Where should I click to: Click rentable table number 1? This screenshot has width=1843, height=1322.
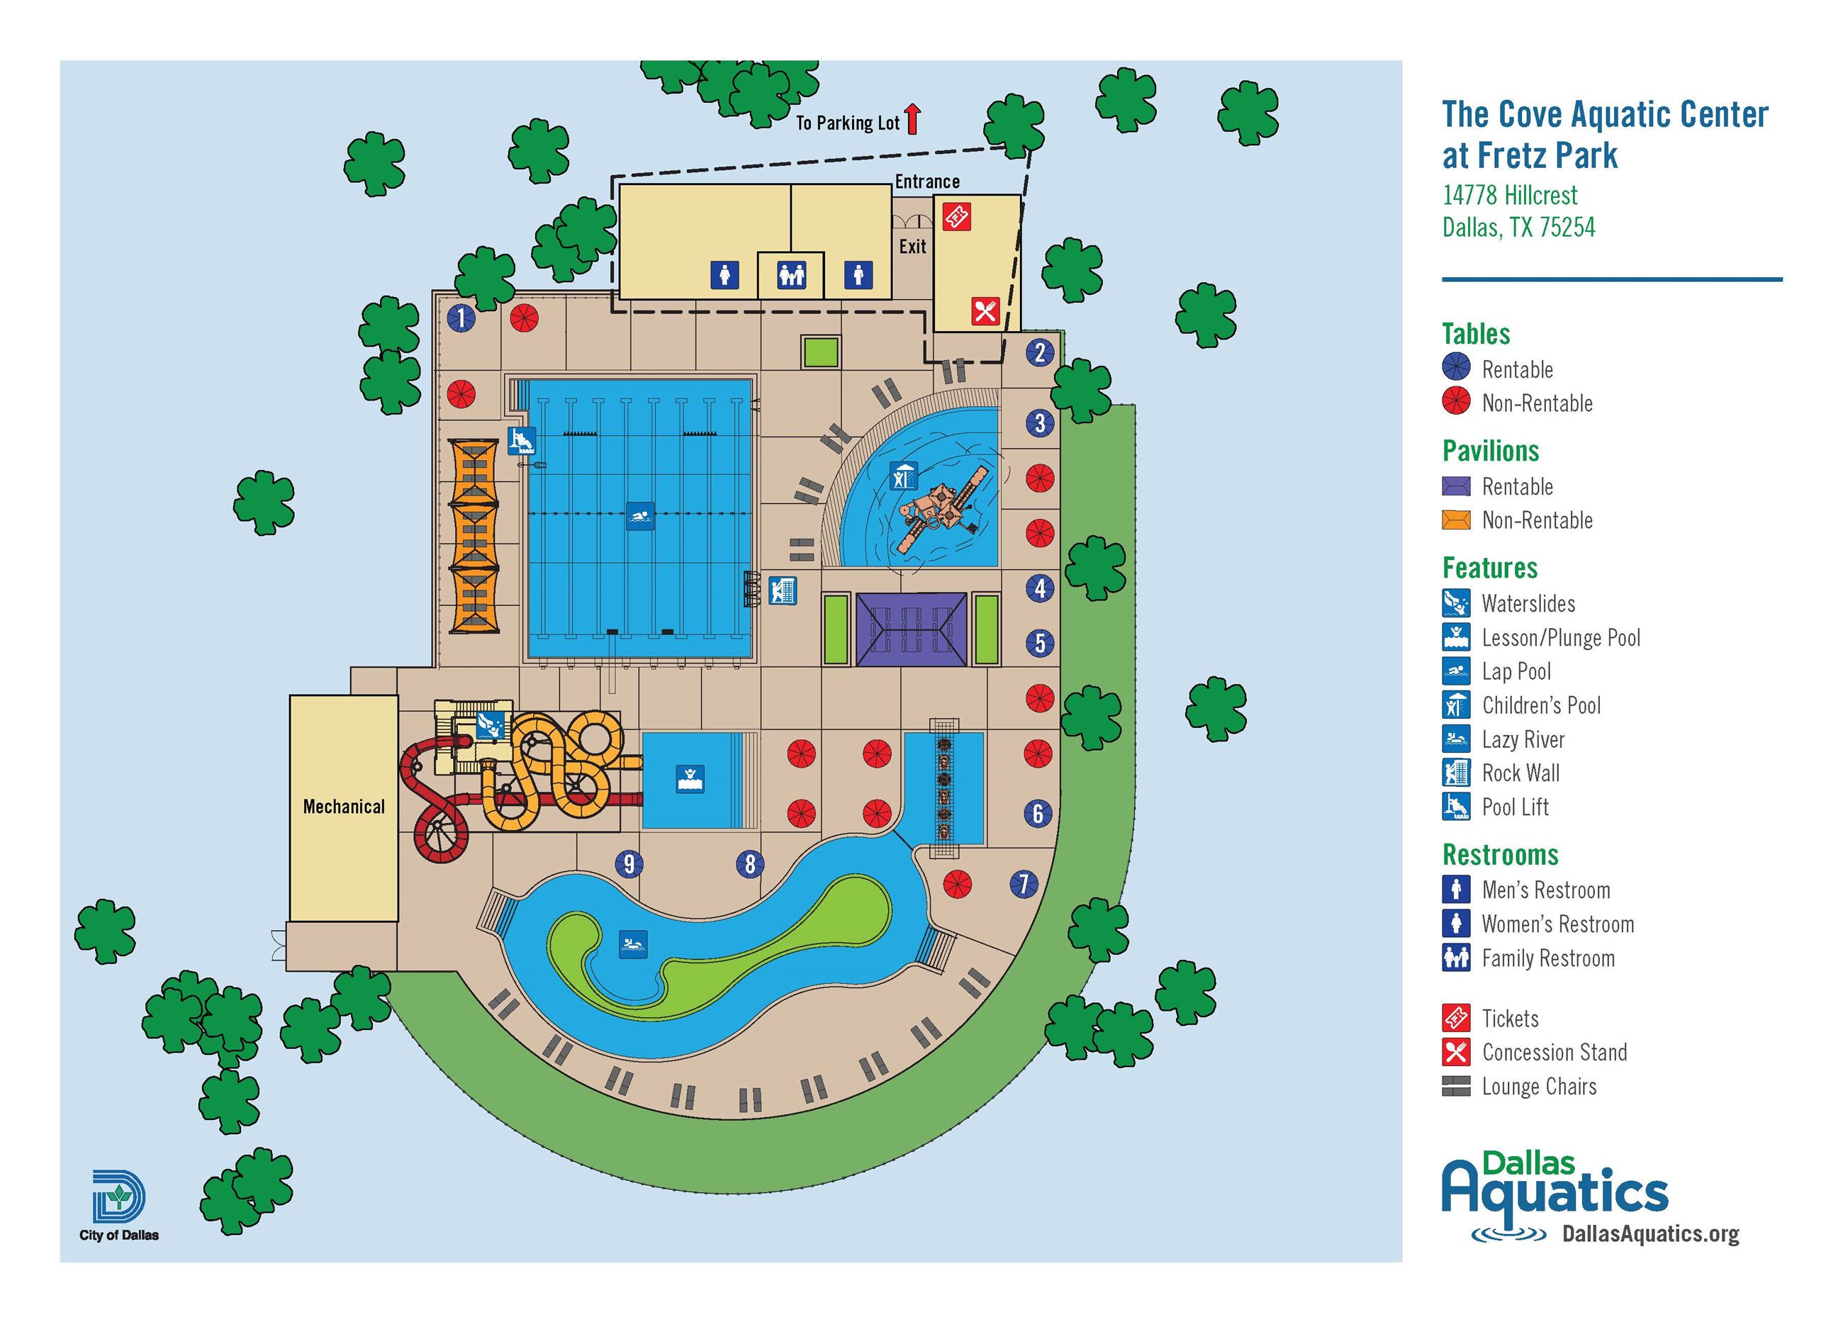(x=461, y=318)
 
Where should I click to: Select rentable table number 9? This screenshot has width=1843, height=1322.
(x=628, y=863)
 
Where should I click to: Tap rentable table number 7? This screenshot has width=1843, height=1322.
(x=1023, y=884)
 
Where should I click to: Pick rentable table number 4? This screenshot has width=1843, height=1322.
(x=1039, y=588)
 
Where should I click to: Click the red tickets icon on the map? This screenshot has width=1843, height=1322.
(x=956, y=216)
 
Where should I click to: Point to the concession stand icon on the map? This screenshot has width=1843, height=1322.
(x=985, y=311)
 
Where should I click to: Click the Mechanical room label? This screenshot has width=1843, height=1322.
(x=344, y=807)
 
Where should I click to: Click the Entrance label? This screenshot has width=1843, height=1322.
(x=927, y=181)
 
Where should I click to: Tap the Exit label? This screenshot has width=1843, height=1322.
(x=912, y=246)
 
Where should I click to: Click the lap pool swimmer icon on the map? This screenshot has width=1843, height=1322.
(x=639, y=516)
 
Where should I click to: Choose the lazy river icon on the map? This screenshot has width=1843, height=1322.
(x=633, y=944)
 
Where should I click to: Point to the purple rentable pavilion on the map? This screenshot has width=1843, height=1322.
(x=911, y=629)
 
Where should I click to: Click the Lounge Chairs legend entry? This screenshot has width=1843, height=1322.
(x=1538, y=1087)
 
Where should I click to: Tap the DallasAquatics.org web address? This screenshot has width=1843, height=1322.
(x=1649, y=1233)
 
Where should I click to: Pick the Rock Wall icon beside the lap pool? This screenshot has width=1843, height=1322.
(x=783, y=590)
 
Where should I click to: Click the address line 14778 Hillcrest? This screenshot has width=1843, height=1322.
(x=1509, y=196)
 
